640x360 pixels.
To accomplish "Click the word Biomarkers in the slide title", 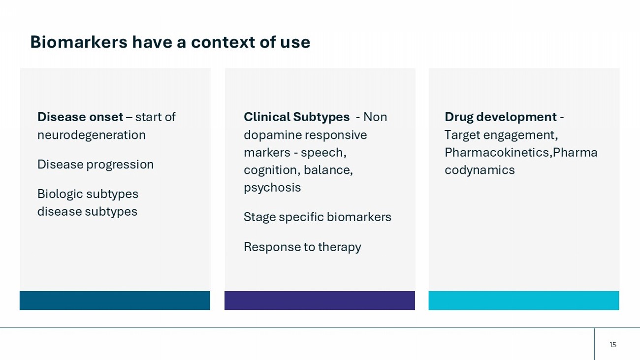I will (79, 42).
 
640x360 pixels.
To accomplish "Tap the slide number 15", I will (613, 345).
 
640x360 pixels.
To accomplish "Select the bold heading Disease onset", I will (80, 117).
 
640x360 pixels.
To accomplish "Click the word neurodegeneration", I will (92, 135).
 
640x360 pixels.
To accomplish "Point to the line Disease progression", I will (96, 164).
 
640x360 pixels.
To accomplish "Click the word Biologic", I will (60, 194).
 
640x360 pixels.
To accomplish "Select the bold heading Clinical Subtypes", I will (296, 117).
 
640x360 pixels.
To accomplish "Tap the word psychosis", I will (272, 188).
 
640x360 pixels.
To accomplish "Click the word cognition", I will (271, 170).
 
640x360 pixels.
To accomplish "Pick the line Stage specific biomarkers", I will (318, 217).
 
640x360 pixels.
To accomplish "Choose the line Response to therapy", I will (302, 247).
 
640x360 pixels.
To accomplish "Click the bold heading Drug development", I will (501, 117).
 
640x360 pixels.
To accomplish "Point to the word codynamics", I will (480, 170).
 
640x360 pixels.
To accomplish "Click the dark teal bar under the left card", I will (115, 300).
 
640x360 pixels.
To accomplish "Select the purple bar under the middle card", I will (320, 300).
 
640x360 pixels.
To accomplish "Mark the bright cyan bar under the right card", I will (524, 300).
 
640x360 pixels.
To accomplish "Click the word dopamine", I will (272, 135).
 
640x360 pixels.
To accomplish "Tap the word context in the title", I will (223, 42).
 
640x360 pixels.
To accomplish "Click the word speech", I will (323, 153).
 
